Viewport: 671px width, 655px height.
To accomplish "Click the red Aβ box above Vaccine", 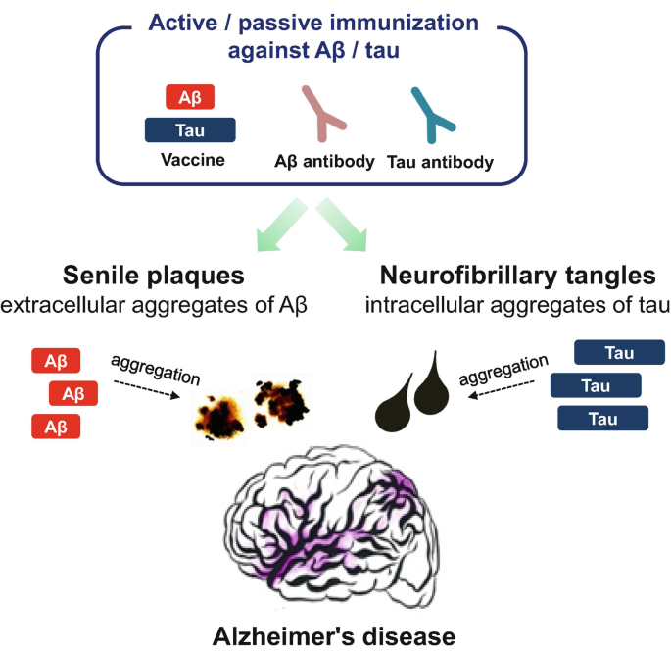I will click(190, 98).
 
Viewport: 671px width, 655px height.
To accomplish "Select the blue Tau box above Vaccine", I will click(190, 130).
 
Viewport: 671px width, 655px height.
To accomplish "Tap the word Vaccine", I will click(190, 159).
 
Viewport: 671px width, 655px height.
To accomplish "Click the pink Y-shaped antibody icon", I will click(323, 113).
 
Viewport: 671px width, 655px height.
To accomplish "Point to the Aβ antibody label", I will click(323, 162).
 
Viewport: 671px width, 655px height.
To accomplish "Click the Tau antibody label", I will click(440, 162).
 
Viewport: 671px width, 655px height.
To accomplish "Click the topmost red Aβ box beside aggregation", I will click(56, 361).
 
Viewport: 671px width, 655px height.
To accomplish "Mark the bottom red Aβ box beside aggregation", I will click(56, 427).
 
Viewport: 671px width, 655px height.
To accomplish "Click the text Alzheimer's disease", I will click(334, 636).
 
